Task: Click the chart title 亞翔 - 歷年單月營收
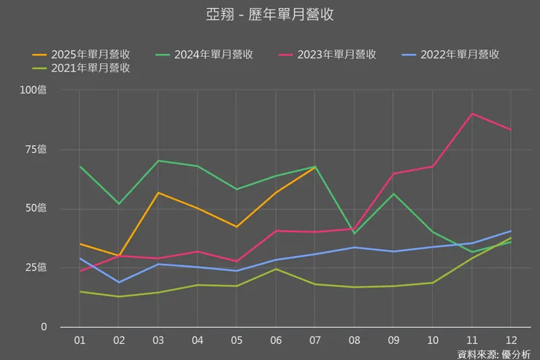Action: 270,15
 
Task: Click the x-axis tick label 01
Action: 80,340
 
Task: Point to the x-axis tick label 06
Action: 275,340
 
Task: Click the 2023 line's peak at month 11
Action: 472,114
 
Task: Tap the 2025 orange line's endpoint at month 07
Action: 315,167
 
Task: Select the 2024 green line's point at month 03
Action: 158,161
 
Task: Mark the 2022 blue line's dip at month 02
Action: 119,282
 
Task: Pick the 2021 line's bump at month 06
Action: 275,269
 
